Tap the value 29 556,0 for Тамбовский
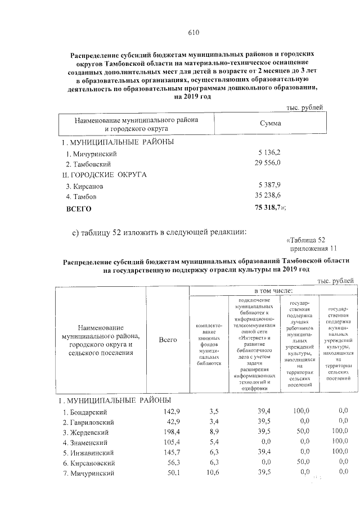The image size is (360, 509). pos(269,163)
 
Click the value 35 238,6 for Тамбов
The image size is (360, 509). pos(269,196)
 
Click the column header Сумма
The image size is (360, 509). pos(270,124)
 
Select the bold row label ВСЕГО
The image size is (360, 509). pos(79,208)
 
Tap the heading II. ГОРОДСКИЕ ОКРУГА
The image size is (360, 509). pos(104,174)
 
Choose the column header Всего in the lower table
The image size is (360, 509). pos(168,340)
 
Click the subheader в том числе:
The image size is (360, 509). pos(273,290)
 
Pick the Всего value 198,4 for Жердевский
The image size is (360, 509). pos(170,432)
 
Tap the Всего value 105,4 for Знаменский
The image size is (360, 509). pos(170,442)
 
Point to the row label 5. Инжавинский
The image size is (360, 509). pos(89,453)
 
